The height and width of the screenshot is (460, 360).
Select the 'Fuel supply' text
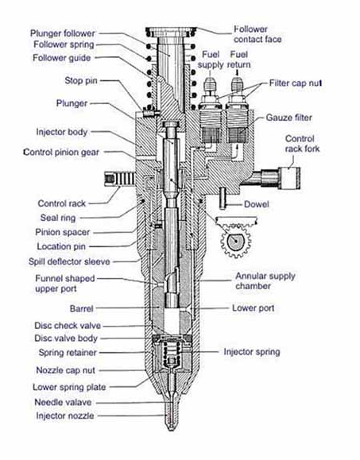coord(211,59)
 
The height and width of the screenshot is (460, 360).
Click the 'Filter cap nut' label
coord(300,82)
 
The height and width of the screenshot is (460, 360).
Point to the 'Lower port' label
coord(254,307)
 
